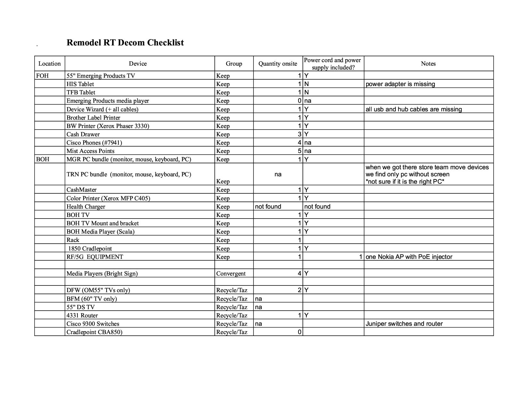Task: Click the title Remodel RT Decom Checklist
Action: click(x=125, y=43)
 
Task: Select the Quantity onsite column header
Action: click(x=277, y=64)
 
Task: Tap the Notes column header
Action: click(x=428, y=64)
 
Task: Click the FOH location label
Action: click(x=43, y=76)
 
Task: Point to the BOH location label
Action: click(x=43, y=159)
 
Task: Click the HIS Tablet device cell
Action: click(x=80, y=84)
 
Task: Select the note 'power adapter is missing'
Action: click(x=400, y=84)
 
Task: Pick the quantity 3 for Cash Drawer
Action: click(x=299, y=134)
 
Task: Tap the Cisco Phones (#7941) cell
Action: click(x=94, y=143)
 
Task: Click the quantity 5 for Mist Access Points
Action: click(x=299, y=151)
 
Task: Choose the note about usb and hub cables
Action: click(x=414, y=109)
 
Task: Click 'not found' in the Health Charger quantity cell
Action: click(x=268, y=207)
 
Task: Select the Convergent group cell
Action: click(x=231, y=274)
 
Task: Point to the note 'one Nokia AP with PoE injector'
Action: click(x=409, y=257)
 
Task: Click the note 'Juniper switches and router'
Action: click(x=404, y=324)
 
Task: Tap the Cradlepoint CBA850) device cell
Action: click(x=94, y=332)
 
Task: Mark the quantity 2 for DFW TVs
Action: click(x=299, y=290)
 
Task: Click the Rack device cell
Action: click(x=73, y=240)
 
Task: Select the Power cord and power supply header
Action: click(x=333, y=64)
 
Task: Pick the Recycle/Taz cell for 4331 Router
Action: click(x=232, y=316)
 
